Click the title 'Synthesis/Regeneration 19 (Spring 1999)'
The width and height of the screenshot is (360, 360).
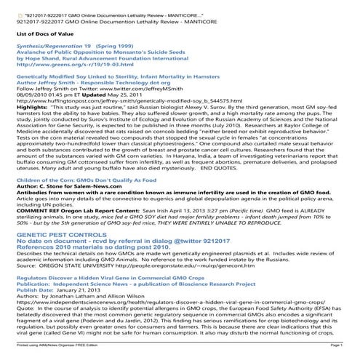(x=64, y=46)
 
